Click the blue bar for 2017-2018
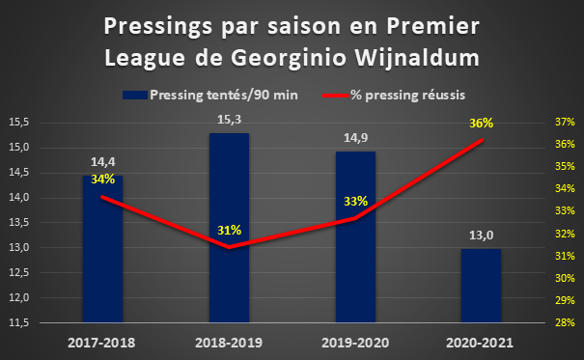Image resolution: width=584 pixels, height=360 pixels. click(102, 249)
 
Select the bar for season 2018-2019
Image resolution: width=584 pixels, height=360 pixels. click(229, 228)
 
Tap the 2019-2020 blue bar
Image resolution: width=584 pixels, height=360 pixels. click(355, 236)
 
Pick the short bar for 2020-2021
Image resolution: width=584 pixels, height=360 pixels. click(482, 286)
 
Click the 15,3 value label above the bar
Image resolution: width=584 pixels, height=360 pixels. click(230, 120)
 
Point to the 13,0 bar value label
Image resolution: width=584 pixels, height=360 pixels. click(482, 235)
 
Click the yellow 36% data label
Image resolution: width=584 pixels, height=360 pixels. click(482, 123)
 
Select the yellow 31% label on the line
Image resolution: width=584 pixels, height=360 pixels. click(230, 231)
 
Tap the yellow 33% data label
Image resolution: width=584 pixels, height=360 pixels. click(355, 202)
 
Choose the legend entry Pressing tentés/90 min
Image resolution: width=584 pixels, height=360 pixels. click(210, 95)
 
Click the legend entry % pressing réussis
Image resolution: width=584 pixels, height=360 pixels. click(394, 95)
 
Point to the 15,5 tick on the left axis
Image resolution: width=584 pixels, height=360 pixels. click(19, 123)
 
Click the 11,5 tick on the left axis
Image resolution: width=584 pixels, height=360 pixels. click(19, 322)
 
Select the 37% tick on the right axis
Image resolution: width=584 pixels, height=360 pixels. click(565, 123)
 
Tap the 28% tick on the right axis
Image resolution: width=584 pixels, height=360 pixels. click(565, 322)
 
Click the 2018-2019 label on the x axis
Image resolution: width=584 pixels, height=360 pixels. click(229, 343)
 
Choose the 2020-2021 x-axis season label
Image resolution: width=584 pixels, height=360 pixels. click(480, 343)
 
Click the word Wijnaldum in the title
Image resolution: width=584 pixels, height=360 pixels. click(417, 59)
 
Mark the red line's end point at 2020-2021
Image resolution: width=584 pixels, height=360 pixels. click(482, 140)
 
